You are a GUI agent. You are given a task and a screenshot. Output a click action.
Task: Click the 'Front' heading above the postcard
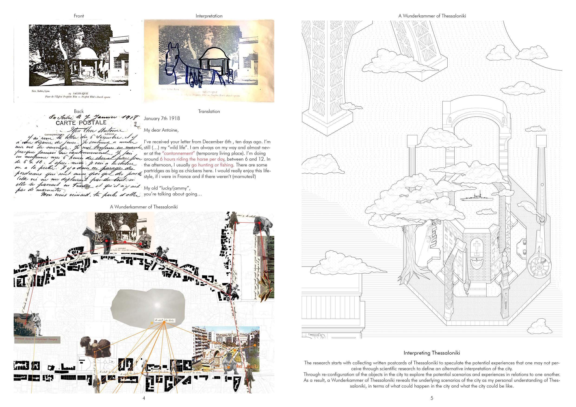click(78, 16)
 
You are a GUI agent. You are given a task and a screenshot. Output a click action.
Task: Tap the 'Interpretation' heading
click(209, 16)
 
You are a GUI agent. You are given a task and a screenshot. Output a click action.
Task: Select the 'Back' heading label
click(78, 111)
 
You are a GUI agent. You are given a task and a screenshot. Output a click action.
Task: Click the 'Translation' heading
click(209, 111)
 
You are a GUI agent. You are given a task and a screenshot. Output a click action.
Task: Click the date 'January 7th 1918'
click(162, 119)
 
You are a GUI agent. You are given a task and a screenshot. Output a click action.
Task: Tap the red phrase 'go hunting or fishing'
click(212, 165)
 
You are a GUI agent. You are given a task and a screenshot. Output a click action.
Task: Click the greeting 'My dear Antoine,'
click(161, 130)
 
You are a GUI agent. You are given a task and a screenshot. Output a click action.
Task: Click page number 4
click(144, 398)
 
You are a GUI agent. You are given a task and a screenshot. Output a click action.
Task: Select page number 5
click(432, 398)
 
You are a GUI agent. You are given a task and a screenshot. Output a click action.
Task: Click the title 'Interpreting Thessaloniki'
click(432, 353)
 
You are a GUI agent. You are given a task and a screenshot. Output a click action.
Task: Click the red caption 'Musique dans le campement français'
click(36, 339)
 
